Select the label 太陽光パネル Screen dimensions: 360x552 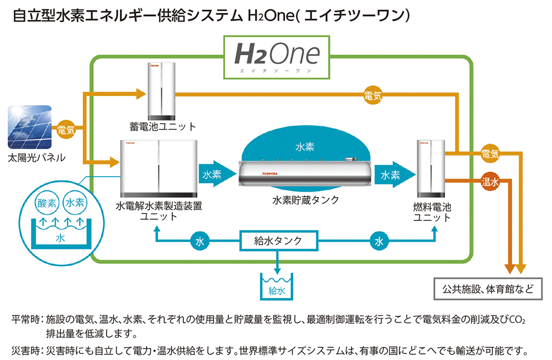(36, 158)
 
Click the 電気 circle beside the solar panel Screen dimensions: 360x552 (67, 130)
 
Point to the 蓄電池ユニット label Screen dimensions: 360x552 (163, 126)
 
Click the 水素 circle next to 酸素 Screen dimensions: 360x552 (75, 203)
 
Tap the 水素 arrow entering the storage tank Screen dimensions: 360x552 (213, 174)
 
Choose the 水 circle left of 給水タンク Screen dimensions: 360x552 (199, 241)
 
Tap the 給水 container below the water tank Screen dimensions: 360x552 (276, 285)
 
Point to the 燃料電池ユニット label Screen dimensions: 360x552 (432, 213)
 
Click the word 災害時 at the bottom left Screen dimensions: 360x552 (25, 351)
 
